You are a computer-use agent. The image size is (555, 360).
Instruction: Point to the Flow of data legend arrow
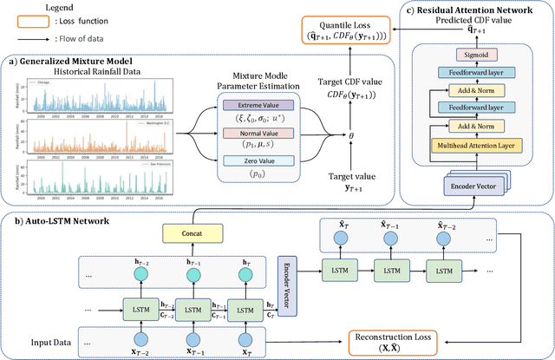(35, 37)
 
